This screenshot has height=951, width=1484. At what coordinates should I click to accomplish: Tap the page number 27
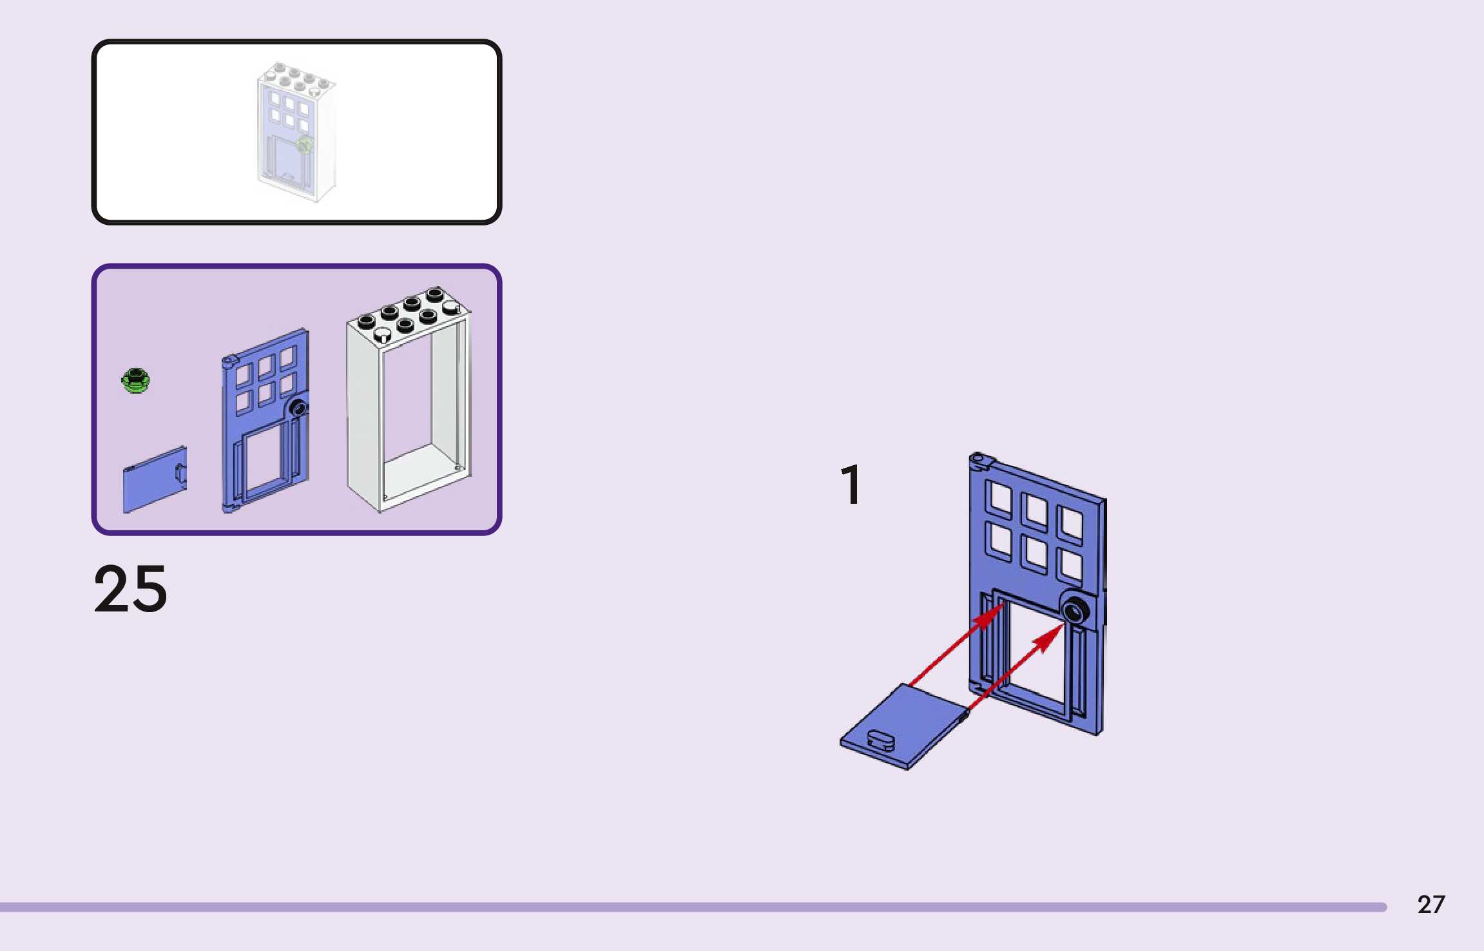[1431, 905]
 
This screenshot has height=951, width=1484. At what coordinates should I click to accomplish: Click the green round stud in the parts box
[136, 380]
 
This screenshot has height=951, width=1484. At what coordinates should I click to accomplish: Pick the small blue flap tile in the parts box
[155, 480]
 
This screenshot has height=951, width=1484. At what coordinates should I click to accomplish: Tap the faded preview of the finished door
[296, 132]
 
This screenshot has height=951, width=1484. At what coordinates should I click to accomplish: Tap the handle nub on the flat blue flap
[881, 738]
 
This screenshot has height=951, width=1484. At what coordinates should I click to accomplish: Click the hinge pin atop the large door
[978, 459]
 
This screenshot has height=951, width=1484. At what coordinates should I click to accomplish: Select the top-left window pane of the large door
[1000, 497]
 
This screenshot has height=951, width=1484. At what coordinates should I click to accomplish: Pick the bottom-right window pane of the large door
[1071, 565]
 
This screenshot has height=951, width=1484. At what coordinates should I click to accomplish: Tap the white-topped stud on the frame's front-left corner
[382, 335]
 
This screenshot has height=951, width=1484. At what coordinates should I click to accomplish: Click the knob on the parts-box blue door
[298, 407]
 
